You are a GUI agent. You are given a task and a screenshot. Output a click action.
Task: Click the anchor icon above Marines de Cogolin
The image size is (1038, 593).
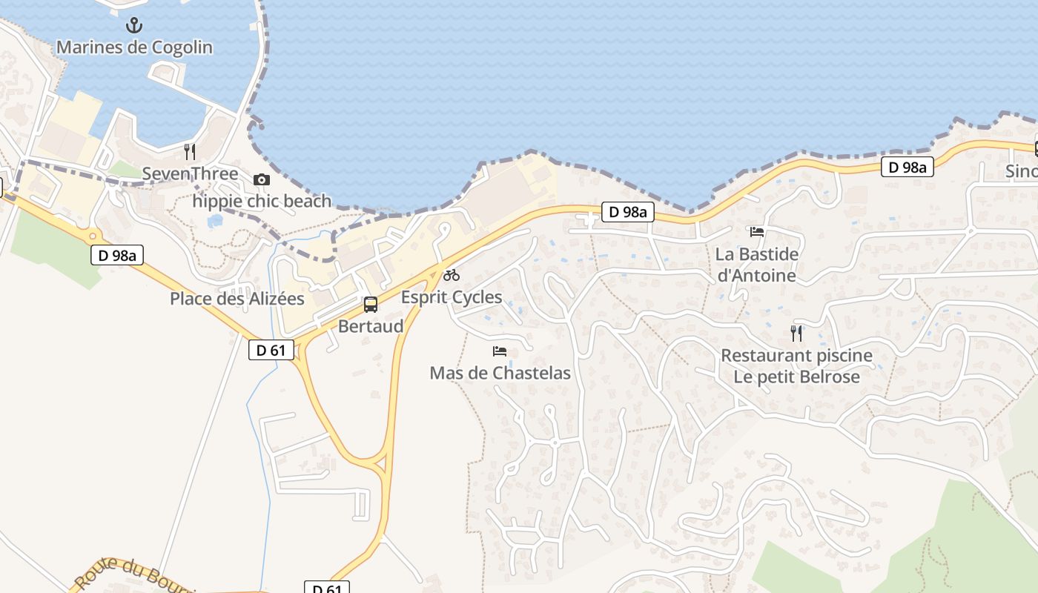(x=133, y=26)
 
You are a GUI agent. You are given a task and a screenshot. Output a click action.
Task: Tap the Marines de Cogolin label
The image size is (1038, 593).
(x=134, y=47)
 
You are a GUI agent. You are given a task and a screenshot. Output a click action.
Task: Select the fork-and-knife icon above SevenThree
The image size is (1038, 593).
(x=190, y=152)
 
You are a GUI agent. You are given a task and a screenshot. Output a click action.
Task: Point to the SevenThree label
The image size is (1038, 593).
(x=190, y=174)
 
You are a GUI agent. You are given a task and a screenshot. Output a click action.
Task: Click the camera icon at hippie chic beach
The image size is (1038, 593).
(x=261, y=179)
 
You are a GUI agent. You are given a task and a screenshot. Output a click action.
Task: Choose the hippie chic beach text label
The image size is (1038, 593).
(x=262, y=201)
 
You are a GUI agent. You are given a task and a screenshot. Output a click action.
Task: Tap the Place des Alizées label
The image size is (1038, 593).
(x=237, y=299)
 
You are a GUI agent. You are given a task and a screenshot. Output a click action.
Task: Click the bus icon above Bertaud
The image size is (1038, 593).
(x=370, y=304)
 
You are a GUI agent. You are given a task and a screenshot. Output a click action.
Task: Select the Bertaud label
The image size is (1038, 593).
(x=371, y=326)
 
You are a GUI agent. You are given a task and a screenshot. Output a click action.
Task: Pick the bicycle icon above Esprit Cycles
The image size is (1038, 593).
(x=452, y=275)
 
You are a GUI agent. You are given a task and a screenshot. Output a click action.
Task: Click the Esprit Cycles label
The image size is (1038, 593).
(x=452, y=297)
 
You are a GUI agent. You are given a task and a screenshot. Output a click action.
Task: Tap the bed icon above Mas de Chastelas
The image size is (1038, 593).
(x=500, y=351)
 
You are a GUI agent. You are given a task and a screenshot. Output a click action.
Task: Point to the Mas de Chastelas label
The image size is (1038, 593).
(x=500, y=373)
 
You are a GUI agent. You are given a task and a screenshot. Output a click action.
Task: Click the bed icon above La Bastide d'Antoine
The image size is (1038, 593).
(x=757, y=232)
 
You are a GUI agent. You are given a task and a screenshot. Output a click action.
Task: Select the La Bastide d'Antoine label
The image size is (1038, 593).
(x=757, y=265)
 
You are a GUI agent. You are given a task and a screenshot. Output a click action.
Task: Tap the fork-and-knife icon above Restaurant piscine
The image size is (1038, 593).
(x=796, y=333)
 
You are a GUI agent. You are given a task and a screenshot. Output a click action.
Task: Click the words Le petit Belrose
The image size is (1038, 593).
(x=797, y=377)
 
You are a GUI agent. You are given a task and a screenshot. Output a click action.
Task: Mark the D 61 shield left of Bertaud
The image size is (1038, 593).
(x=271, y=350)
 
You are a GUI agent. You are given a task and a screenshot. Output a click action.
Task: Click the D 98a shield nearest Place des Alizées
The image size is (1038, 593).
(x=117, y=256)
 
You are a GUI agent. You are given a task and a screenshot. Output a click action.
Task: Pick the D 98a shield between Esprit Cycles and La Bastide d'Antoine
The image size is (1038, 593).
(x=627, y=212)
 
